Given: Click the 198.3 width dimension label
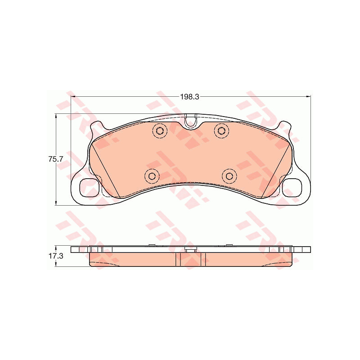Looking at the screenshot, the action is coord(189,97).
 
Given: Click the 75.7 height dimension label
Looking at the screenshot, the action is coord(55,159).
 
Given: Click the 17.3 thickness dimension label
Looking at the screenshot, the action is coord(55,256).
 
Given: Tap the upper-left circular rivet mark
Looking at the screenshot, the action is coord(160,131).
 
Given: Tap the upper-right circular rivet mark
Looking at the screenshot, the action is coord(221,130).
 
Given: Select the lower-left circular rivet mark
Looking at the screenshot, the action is coord(152,176).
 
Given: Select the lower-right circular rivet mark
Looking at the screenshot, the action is coord(229,176).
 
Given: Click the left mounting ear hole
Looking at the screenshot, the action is coord(88,188).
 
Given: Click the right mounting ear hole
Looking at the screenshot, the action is coord(292,188).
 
